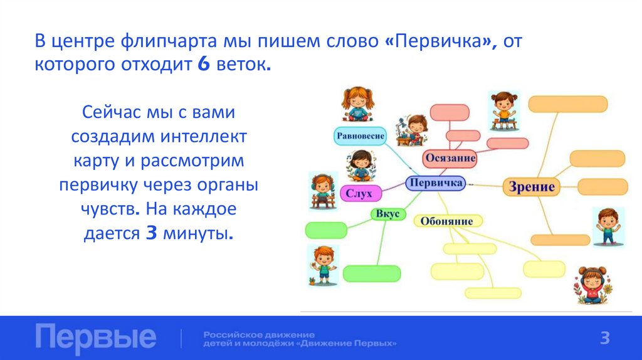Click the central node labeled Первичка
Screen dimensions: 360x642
435,183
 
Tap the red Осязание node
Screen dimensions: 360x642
450,159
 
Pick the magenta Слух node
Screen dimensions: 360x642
359,194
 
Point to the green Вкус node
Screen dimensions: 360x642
387,214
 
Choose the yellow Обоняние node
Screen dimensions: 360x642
447,221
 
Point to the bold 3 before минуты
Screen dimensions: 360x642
150,233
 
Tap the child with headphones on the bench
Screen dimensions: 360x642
323,191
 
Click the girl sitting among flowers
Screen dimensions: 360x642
591,285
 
